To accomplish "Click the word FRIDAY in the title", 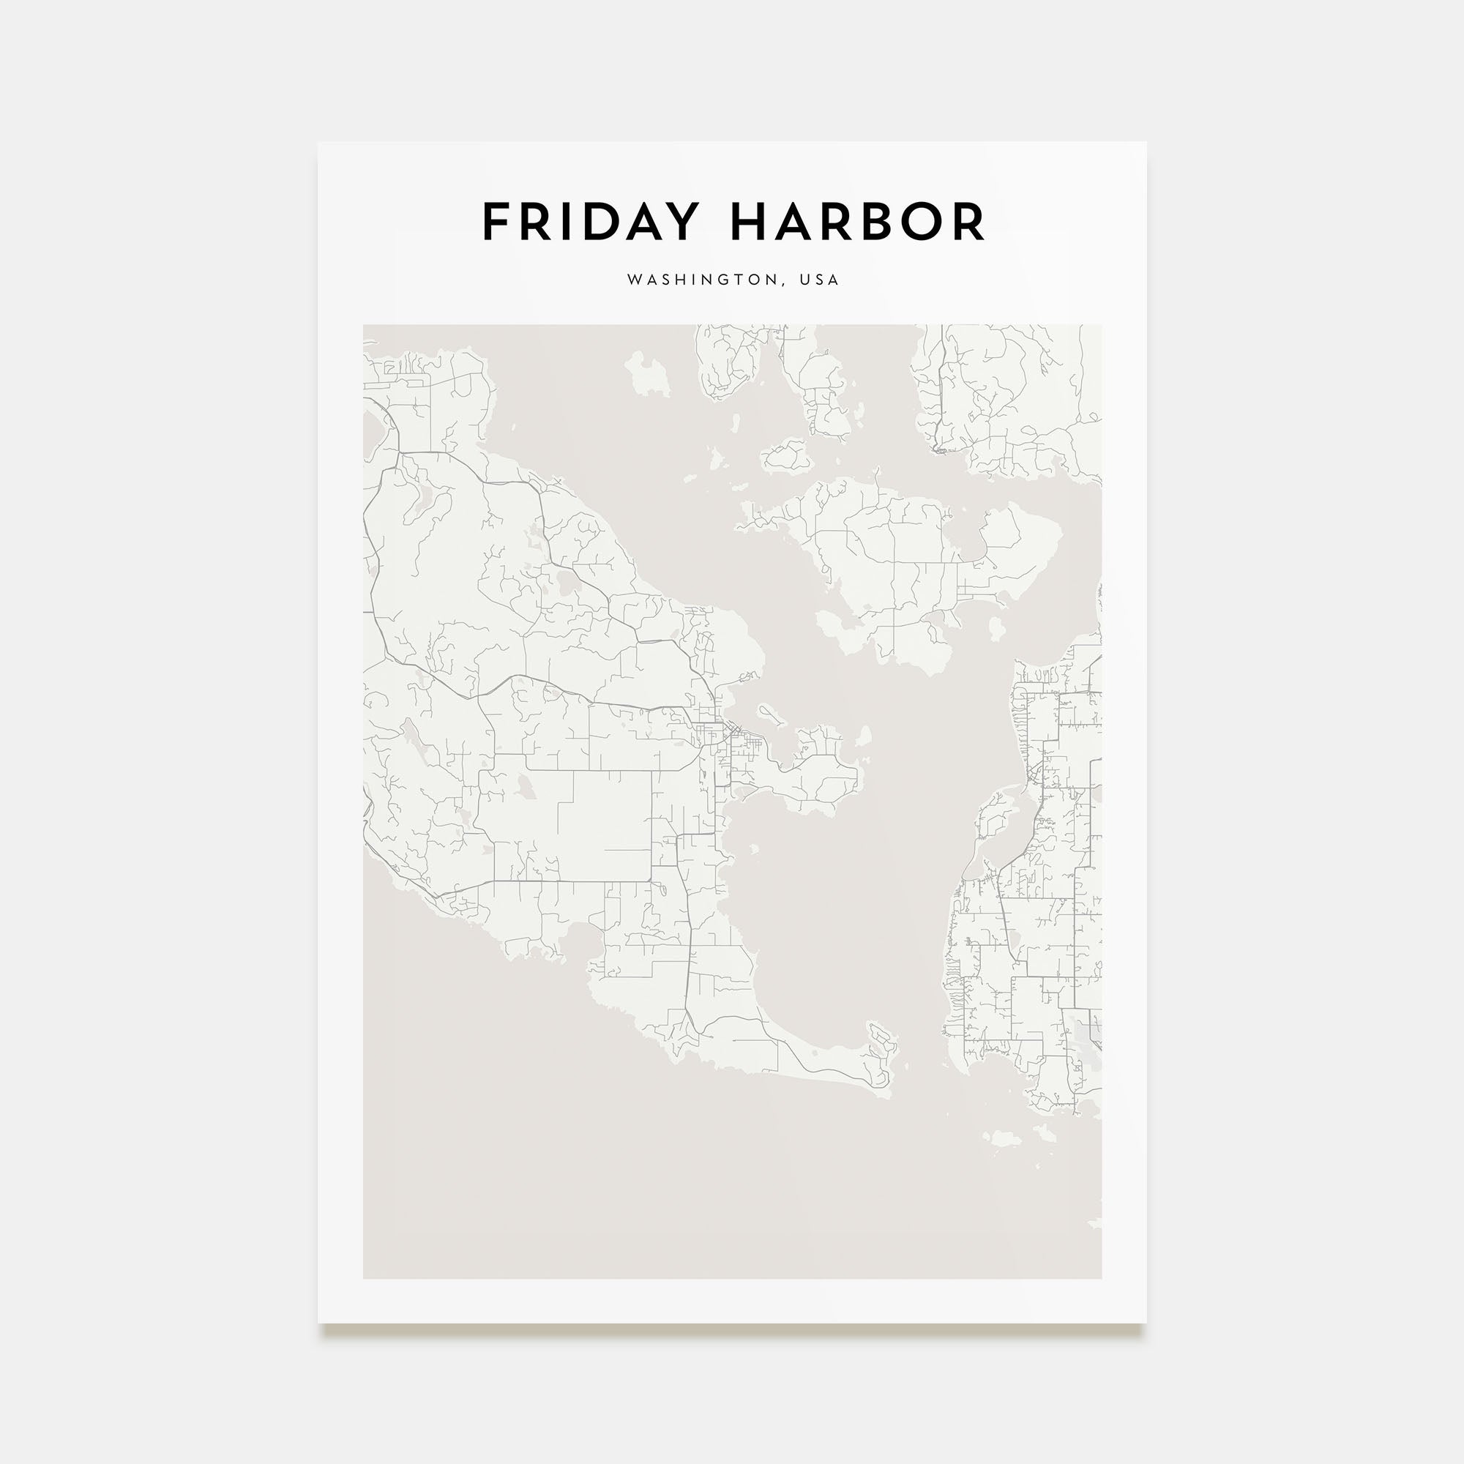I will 589,222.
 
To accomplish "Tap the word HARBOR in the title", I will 857,222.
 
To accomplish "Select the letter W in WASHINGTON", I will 634,280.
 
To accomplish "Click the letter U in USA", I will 804,280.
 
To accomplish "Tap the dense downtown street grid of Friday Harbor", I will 712,732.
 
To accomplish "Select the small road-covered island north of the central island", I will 788,456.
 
